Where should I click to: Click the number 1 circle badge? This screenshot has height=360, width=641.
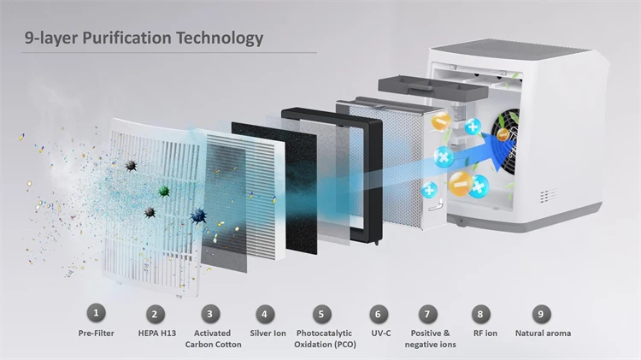[97, 313]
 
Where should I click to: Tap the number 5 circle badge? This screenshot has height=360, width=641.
[321, 314]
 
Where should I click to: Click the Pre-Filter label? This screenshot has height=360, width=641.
[96, 333]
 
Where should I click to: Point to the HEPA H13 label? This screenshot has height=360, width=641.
[154, 333]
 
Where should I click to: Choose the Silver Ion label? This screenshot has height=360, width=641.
[267, 333]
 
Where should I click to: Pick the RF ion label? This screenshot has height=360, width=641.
[484, 333]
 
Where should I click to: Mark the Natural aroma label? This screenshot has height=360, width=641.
[543, 333]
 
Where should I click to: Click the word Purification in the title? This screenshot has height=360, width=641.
[121, 38]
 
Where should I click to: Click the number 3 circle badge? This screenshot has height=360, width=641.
[212, 314]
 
